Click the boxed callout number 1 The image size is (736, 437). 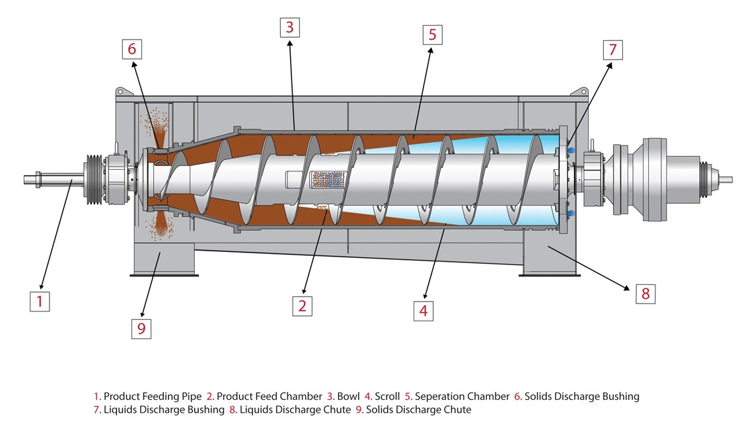coord(40,301)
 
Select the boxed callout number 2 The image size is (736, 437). coord(302,305)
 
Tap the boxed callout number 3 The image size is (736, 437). coord(289,27)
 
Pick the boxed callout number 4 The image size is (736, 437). coord(423,309)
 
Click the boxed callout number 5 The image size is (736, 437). coord(432,34)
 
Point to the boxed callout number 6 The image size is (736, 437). coord(131,49)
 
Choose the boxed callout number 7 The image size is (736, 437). coord(612,50)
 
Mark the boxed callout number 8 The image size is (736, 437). coord(645,293)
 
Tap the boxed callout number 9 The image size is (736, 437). coord(141,328)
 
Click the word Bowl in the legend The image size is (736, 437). coord(348,397)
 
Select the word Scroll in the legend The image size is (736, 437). coord(387,397)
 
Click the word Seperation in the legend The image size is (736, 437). coord(441,397)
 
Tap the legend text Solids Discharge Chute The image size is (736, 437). coord(418,410)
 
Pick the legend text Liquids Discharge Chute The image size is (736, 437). coord(295,410)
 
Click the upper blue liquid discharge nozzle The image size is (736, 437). coord(570,150)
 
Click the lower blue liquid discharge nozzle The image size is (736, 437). coord(570,213)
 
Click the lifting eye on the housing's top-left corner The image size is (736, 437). coord(121,91)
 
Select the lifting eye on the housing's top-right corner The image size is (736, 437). coord(582,91)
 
